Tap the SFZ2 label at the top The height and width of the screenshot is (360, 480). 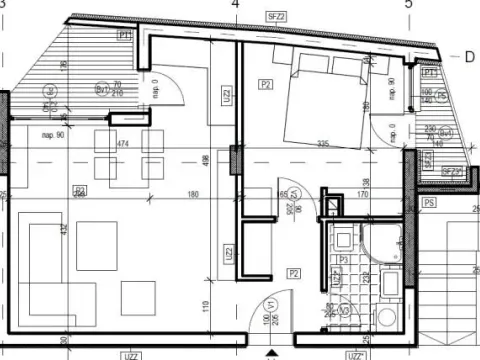pos(276,16)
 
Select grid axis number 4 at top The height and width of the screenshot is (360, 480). pos(236,5)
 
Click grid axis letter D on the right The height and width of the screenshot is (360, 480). pos(468,57)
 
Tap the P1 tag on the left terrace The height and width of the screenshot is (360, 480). pos(123,35)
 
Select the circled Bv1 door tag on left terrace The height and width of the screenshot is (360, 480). pos(102,90)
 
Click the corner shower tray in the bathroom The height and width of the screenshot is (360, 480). pos(384,240)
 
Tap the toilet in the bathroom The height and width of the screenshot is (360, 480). pos(386,318)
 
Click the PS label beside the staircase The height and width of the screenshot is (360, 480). pos(429,203)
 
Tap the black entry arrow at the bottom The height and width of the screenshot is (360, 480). pos(270,352)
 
